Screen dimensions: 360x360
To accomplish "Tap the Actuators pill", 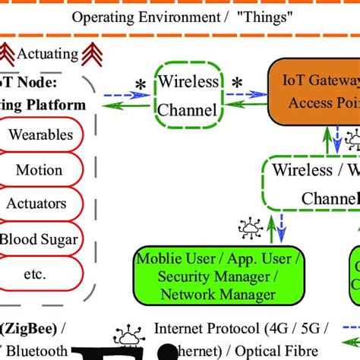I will click(46, 204).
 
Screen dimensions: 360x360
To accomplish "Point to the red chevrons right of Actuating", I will click(93, 52).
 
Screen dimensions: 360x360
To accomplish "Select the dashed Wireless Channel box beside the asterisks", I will click(186, 94).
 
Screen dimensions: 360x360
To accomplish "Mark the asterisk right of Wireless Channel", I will click(237, 83).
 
